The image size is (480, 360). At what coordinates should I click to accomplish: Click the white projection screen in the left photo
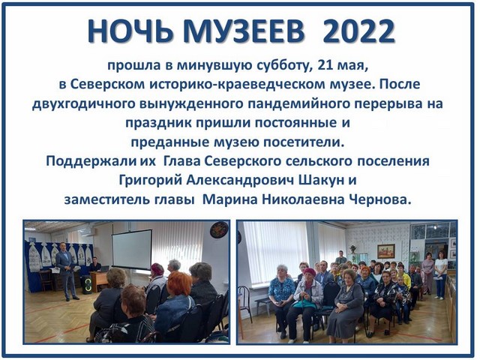[132, 250]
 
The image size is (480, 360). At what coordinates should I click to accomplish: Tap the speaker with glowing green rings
[87, 285]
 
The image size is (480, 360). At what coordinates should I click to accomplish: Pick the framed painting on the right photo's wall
[385, 251]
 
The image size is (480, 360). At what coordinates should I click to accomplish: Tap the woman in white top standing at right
[440, 274]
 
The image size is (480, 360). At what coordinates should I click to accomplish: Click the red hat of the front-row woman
[310, 272]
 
